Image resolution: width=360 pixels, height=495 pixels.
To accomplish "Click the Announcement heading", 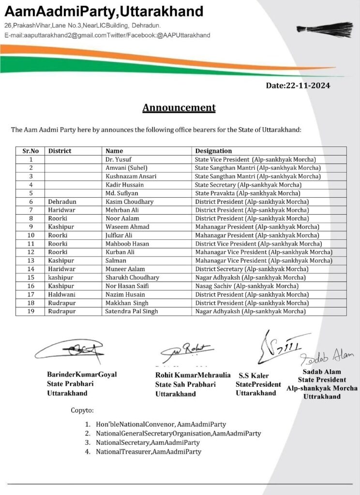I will pos(179,107).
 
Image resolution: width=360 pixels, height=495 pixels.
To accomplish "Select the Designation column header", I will pos(213,151).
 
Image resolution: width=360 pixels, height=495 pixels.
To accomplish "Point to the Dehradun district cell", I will pos(62,202).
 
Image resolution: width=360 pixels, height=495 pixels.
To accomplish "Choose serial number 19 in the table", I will pos(30,311).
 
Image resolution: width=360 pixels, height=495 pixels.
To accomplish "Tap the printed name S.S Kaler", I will pos(254,376).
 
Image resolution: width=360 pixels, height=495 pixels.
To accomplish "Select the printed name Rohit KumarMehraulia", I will pos(193,375).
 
